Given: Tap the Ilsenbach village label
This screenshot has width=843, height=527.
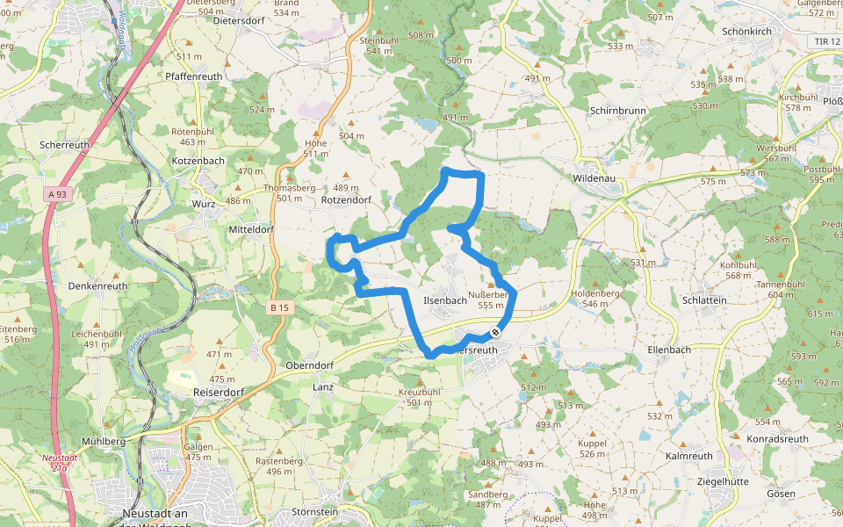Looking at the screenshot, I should tap(445, 300).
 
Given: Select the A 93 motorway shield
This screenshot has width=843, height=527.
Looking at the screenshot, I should tap(58, 194).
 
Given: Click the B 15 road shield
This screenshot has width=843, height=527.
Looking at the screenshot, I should tap(279, 307).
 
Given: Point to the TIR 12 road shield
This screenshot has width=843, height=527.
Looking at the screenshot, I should tap(826, 41).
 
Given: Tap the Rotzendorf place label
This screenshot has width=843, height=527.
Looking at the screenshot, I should tap(346, 199).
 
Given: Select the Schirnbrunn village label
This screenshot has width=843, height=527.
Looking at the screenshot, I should tap(619, 112).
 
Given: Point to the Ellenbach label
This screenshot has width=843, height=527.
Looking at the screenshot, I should tap(669, 350).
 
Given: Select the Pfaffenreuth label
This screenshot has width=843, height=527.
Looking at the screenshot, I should tap(193, 76).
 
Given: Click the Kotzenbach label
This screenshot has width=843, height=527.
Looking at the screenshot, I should tap(198, 161).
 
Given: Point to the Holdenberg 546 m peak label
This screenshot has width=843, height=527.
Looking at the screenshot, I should tap(595, 299).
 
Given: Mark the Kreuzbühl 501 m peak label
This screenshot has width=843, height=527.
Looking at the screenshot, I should tap(420, 396).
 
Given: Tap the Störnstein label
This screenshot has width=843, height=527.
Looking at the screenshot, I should tap(314, 511).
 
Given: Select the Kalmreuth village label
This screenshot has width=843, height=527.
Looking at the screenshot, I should tap(689, 456).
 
